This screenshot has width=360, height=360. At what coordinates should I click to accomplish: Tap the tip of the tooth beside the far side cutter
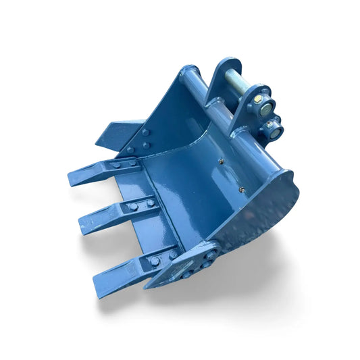tap(71, 179)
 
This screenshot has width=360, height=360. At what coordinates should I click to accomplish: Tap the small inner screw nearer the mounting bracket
tap(220, 161)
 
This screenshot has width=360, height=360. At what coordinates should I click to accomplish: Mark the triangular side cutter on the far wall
tap(115, 132)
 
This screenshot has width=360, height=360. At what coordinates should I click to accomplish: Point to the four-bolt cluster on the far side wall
tap(144, 140)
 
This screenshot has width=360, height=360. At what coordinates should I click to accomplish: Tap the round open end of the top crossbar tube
tap(189, 72)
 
